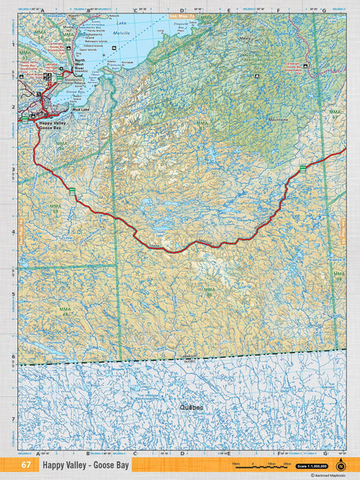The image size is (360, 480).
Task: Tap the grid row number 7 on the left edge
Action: [13, 419]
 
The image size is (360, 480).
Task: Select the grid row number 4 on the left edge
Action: [13, 232]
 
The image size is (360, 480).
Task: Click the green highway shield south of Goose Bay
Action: [72, 191]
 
